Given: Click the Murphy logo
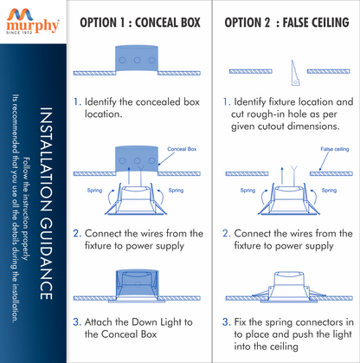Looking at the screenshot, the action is coord(33,22).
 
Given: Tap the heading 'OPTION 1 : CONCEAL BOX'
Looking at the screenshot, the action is coord(140,23).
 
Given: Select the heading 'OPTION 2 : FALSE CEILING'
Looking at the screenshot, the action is coord(286,23).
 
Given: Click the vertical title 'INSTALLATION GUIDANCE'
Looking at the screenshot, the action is coord(46,204).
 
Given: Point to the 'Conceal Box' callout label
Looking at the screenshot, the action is coord(182,149).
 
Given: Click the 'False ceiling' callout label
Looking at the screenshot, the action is coord(335,149).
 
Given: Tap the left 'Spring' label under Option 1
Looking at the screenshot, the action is coord(94,191).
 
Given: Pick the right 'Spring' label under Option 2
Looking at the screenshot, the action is coord(329,191).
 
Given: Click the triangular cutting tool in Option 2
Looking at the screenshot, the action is coord(295,73).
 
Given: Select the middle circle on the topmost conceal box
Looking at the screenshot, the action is coord(138,60).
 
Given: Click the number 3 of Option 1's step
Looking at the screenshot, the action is coord(76,321).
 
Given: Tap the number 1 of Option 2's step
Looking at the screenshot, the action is coord(226,101).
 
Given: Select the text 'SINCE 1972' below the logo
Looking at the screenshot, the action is coord(19,33).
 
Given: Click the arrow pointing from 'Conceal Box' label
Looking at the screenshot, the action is coord(166,159).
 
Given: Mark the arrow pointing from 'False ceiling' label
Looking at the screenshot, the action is coord(324,161).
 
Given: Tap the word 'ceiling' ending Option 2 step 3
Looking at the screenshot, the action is coord(280,347).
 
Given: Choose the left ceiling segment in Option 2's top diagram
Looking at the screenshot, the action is coord(251,71).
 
